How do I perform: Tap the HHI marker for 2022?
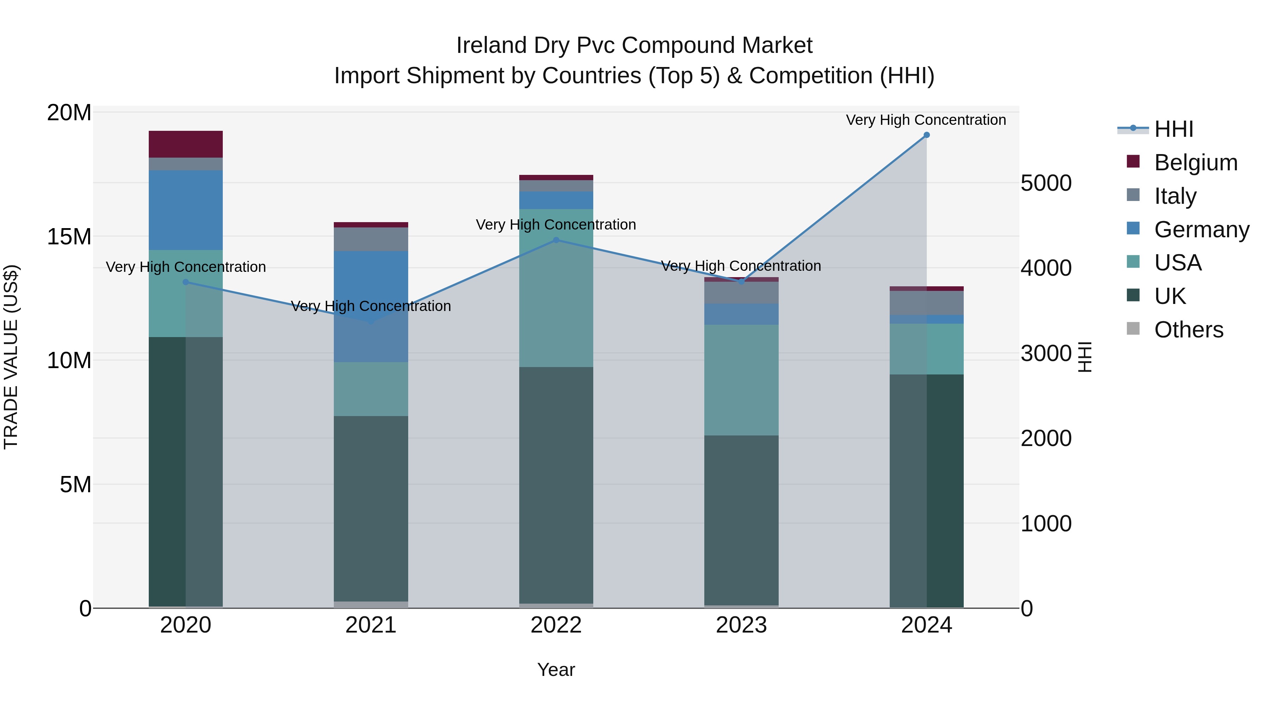(x=556, y=240)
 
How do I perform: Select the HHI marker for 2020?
(x=186, y=282)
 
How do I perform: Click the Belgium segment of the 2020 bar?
(x=186, y=144)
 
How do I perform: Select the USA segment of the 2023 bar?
(x=741, y=379)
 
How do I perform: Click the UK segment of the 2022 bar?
(x=556, y=486)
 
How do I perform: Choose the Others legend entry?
(x=1188, y=330)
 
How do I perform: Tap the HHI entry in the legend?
(x=1173, y=129)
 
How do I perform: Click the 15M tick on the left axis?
(x=69, y=237)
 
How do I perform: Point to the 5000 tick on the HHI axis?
(x=1046, y=183)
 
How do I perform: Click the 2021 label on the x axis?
(x=371, y=625)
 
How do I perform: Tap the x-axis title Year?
(x=556, y=670)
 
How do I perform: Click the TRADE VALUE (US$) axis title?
(x=11, y=357)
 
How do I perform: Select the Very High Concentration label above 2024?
(x=926, y=120)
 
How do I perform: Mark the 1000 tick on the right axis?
(x=1046, y=523)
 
